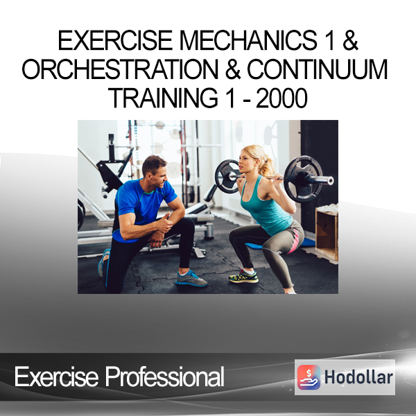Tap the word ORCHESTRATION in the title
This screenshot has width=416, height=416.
pos(119,69)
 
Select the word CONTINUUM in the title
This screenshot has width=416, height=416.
pos(318,69)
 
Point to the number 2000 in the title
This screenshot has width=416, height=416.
pos(281,98)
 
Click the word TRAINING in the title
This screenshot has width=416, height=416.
pos(163,98)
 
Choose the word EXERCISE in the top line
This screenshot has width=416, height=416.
pos(115,40)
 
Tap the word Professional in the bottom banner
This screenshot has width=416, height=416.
pos(164,377)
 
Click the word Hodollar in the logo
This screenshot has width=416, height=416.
pos(358,377)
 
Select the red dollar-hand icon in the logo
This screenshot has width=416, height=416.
pos(309,377)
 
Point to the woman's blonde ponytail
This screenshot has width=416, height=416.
pos(267,166)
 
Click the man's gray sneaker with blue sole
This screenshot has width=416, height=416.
pos(191,279)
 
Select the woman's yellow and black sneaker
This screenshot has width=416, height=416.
pos(243,277)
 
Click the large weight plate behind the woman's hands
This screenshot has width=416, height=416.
pos(303,179)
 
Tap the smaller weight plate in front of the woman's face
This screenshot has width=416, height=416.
pos(227,175)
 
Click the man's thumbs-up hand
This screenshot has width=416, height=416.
pos(164,224)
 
